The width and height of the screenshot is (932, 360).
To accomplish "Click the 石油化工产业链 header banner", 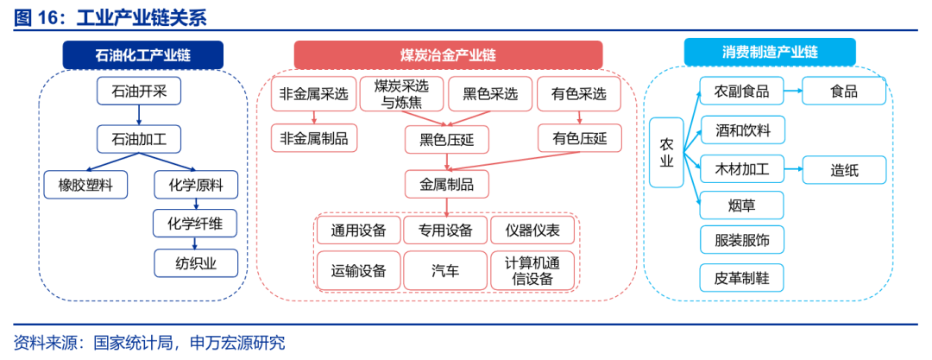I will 143,55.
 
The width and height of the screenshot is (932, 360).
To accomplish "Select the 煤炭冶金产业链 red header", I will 448,55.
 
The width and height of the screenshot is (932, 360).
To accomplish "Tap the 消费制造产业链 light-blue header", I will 770,52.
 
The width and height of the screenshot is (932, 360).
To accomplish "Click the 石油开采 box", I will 143,91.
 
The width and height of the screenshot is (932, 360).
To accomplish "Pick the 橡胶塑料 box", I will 85,184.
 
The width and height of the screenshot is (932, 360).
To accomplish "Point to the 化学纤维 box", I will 195,224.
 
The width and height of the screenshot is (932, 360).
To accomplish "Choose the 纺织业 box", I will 195,263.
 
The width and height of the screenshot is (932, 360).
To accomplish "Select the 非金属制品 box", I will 313,137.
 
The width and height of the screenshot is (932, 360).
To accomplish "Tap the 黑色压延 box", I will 446,139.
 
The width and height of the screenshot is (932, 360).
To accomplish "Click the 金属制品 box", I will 446,183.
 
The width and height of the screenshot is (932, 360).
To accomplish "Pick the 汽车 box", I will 445,270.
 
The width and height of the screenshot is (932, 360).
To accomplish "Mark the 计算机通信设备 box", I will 532,270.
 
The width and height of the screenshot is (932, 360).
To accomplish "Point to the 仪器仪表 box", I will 532,230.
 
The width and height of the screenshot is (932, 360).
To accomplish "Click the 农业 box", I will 665,153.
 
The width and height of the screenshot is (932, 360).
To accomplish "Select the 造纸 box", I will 844,170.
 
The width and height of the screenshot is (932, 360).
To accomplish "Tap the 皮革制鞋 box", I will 742,278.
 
